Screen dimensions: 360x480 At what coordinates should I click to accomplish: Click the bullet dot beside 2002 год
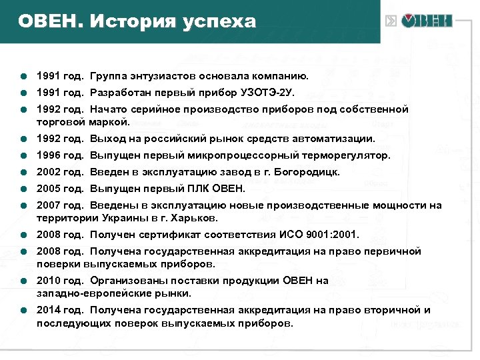coord(23,173)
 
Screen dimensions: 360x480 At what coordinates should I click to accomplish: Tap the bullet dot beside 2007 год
coord(23,206)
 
